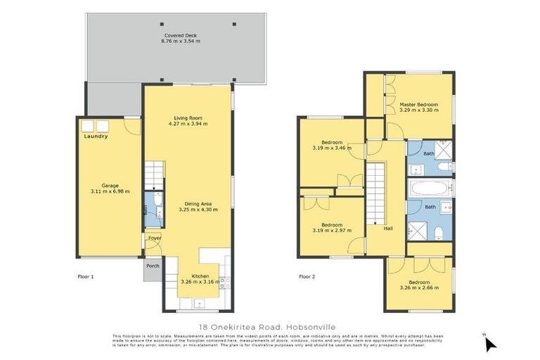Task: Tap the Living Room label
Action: [188, 117]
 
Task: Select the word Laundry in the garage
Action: [96, 136]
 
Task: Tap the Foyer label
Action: [154, 238]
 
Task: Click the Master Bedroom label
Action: [418, 110]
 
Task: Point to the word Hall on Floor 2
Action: [387, 228]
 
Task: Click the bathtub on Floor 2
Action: [430, 188]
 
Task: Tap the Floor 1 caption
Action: [85, 276]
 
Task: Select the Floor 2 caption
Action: [307, 276]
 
